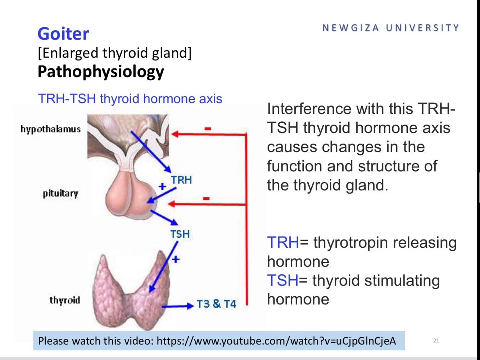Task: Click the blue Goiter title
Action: (63, 34)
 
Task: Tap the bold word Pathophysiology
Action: (101, 72)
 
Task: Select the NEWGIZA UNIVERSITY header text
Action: (391, 28)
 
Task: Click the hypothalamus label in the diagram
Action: (50, 129)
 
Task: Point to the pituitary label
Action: (60, 193)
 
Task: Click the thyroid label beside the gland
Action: (65, 300)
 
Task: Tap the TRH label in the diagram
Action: (181, 180)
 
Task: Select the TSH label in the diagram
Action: (180, 234)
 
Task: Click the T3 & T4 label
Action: (216, 304)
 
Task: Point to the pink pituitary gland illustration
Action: (130, 196)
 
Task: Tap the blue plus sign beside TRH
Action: (162, 186)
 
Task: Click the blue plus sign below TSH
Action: (176, 259)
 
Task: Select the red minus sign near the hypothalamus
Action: (208, 129)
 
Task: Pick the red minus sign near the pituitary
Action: (206, 198)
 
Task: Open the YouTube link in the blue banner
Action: (276, 341)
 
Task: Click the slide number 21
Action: (436, 341)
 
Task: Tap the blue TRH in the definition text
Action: (283, 242)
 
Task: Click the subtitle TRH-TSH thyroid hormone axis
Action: (130, 99)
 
